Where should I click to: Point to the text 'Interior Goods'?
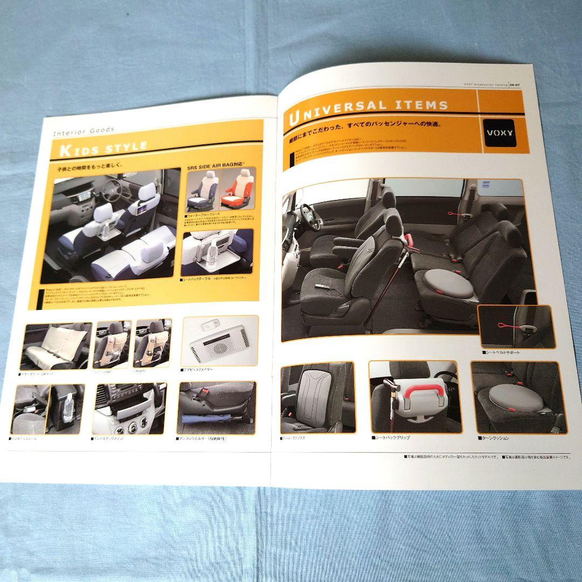tap(84, 130)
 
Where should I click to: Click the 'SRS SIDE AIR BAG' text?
tap(213, 168)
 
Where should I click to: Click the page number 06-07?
tap(514, 84)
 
